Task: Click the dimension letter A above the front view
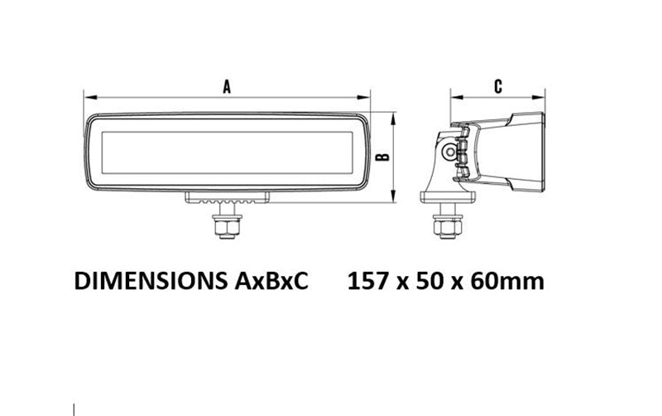tap(227, 87)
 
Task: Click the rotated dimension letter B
tap(382, 157)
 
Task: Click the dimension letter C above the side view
tap(498, 86)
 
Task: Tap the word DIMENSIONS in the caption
tap(151, 281)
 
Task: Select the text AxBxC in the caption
tap(271, 281)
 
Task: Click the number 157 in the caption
tap(367, 281)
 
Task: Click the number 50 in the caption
tap(429, 281)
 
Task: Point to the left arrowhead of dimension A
tap(89, 97)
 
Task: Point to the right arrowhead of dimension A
tap(363, 97)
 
